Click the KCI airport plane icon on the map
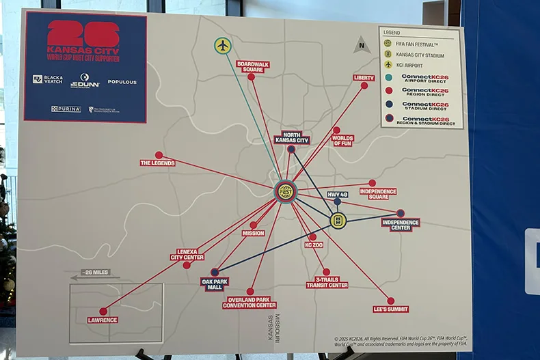pyautogui.click(x=223, y=46)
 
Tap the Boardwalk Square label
pyautogui.click(x=253, y=66)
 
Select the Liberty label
pyautogui.click(x=364, y=77)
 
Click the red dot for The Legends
pyautogui.click(x=159, y=155)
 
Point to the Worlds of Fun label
pyautogui.click(x=342, y=139)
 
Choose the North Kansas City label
pyautogui.click(x=292, y=138)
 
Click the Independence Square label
pyautogui.click(x=377, y=192)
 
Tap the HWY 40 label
pyautogui.click(x=338, y=194)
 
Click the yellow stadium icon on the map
pyautogui.click(x=338, y=221)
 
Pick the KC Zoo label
pyautogui.click(x=314, y=244)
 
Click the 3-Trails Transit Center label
pyautogui.click(x=327, y=282)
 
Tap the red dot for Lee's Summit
pyautogui.click(x=390, y=301)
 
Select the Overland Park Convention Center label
pyautogui.click(x=249, y=303)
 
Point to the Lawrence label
pyautogui.click(x=103, y=320)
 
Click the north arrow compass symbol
pyautogui.click(x=362, y=46)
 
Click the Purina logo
pyautogui.click(x=66, y=109)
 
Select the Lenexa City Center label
pyautogui.click(x=187, y=255)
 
